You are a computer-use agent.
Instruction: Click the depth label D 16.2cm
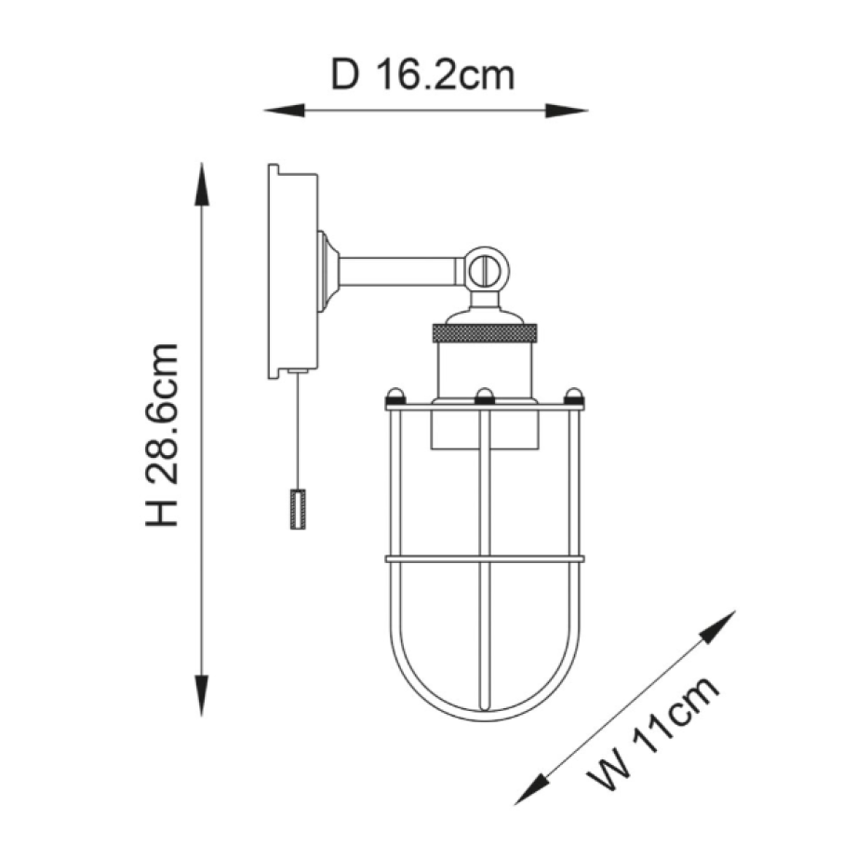point(422,75)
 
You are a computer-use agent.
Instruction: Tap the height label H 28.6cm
point(162,436)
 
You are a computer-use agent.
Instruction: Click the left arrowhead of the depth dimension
point(284,110)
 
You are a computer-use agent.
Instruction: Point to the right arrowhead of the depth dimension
point(567,110)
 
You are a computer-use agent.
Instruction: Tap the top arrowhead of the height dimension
point(202,184)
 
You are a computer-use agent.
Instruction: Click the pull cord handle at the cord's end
point(298,509)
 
